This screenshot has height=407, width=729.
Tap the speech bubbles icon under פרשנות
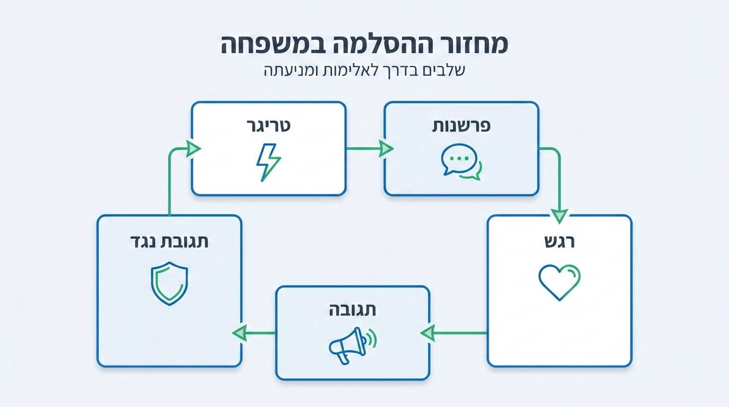[461, 162]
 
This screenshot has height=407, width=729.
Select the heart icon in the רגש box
[559, 282]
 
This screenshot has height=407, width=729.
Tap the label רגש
[560, 242]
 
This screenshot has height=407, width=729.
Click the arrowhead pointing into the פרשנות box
[386, 149]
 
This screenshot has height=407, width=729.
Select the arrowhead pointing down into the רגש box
[559, 216]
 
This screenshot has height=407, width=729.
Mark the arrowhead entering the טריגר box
[193, 148]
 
